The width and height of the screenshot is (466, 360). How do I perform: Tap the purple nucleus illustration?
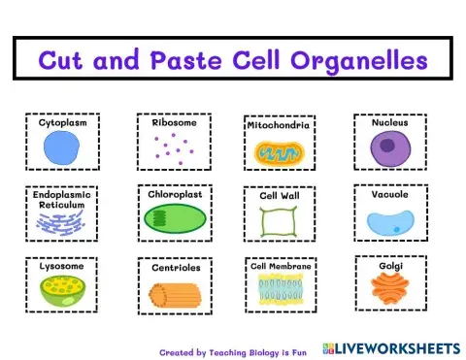point(389,148)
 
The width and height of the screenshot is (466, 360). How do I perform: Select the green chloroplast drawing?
point(175,220)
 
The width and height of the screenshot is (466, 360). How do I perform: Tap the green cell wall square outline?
point(278,221)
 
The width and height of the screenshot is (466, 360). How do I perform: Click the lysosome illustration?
point(62,289)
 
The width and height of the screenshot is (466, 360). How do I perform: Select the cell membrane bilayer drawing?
point(280,287)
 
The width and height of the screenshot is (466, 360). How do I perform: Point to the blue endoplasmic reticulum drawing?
point(62,224)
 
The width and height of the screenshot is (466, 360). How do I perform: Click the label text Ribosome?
point(175,123)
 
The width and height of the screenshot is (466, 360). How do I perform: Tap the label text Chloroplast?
point(175,194)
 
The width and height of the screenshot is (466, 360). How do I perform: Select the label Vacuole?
point(389,194)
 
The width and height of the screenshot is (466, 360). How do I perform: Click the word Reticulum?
point(62,205)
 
